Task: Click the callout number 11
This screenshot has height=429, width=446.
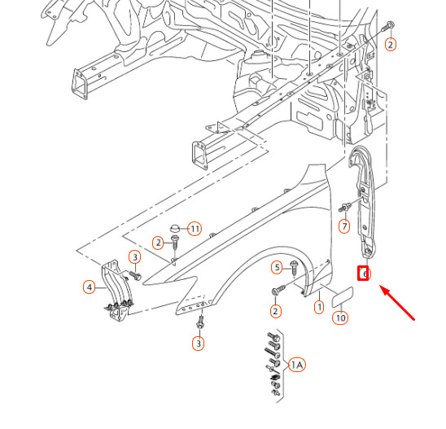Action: pos(195,228)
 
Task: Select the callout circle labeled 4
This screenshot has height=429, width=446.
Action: pos(89,287)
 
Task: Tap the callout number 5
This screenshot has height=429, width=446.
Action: pos(277,267)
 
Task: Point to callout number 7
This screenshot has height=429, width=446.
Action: pos(344,225)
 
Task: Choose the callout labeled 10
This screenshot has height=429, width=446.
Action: pos(340,317)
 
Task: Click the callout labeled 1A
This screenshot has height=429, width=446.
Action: pos(296,365)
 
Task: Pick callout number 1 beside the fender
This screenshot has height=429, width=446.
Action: pos(319,307)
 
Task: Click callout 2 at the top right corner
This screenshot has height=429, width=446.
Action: pos(390,45)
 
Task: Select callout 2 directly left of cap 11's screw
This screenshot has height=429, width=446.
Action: pos(158,243)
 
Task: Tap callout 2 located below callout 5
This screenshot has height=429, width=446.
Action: pos(275,311)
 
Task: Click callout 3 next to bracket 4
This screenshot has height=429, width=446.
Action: pos(135,257)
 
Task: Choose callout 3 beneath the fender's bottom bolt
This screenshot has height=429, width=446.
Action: pos(198,344)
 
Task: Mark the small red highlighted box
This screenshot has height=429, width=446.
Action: pos(365,274)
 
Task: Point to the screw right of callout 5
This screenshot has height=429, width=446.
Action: pos(293,267)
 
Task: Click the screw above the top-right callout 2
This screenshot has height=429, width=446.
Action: pos(391,26)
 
